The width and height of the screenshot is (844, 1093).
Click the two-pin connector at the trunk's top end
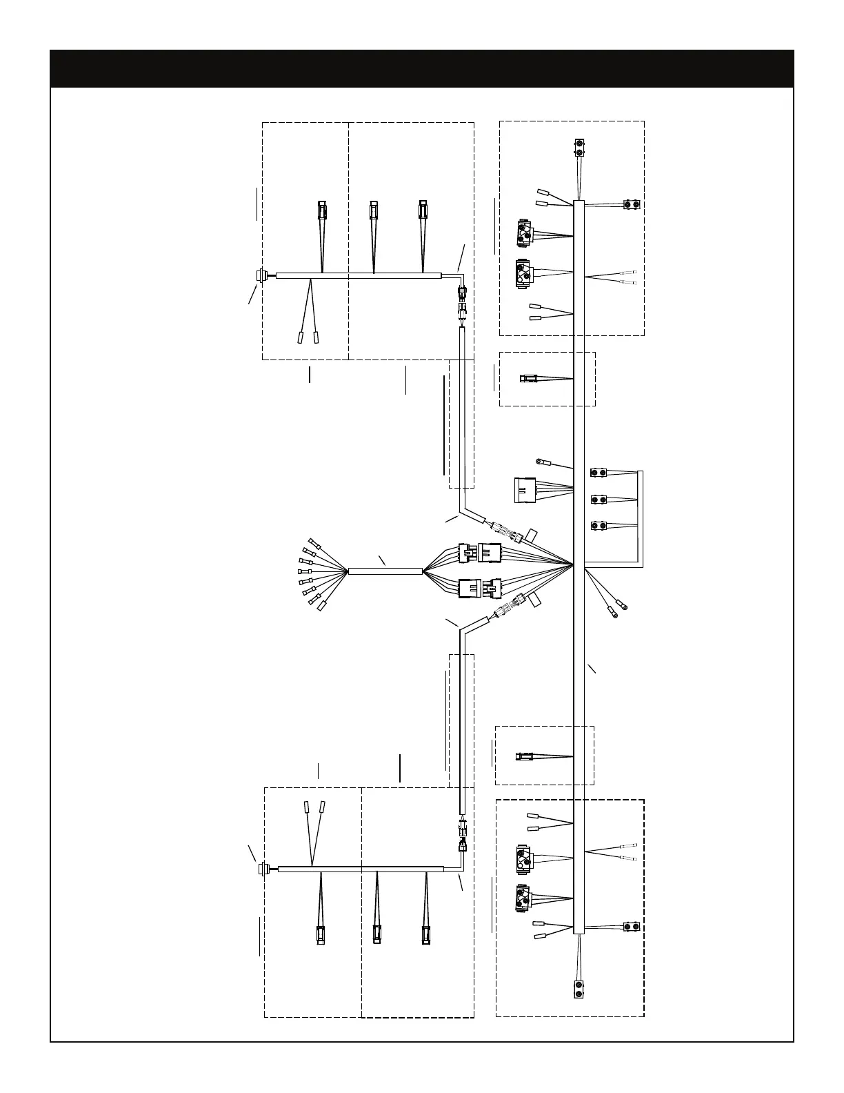pyautogui.click(x=579, y=147)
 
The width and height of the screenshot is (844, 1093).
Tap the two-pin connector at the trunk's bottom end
pyautogui.click(x=579, y=989)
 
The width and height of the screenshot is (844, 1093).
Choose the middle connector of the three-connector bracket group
pyautogui.click(x=599, y=499)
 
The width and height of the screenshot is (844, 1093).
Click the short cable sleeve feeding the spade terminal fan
pyautogui.click(x=385, y=571)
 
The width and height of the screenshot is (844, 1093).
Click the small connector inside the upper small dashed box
pyautogui.click(x=528, y=378)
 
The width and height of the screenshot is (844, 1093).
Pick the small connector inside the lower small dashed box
pyautogui.click(x=524, y=757)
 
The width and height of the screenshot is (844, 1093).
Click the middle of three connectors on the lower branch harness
pyautogui.click(x=376, y=935)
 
